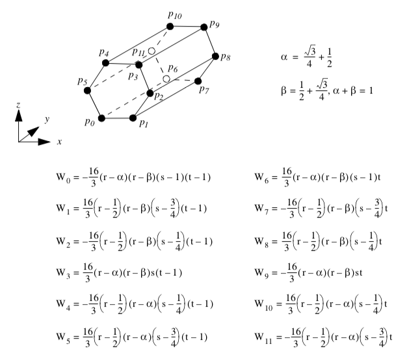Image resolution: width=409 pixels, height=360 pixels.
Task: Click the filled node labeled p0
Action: (101, 118)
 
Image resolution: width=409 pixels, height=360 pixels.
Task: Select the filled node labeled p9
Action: (204, 26)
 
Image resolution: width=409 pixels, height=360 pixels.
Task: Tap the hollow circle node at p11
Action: (152, 50)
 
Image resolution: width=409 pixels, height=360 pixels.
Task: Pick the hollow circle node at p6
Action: (166, 79)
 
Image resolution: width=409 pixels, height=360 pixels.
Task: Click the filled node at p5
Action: (88, 90)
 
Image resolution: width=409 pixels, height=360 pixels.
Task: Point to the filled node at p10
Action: (170, 26)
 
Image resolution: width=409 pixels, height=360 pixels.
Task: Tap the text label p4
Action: (104, 53)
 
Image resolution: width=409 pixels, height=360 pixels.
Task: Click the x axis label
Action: (59, 142)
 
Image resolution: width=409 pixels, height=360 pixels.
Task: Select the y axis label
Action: (47, 119)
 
